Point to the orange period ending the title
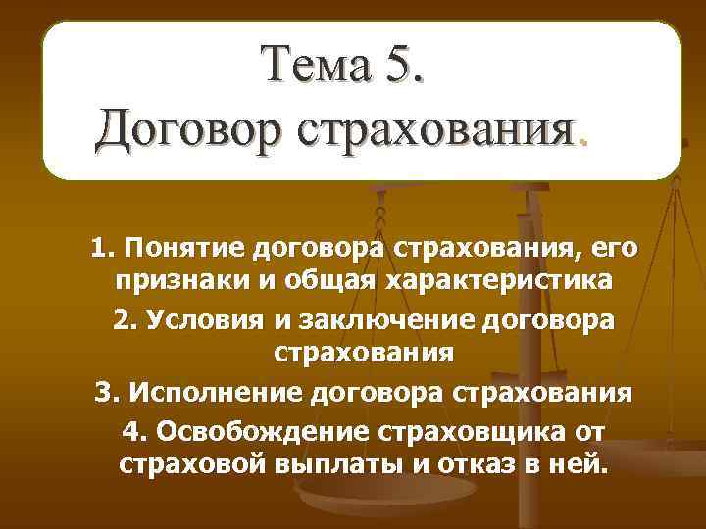point(585,142)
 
